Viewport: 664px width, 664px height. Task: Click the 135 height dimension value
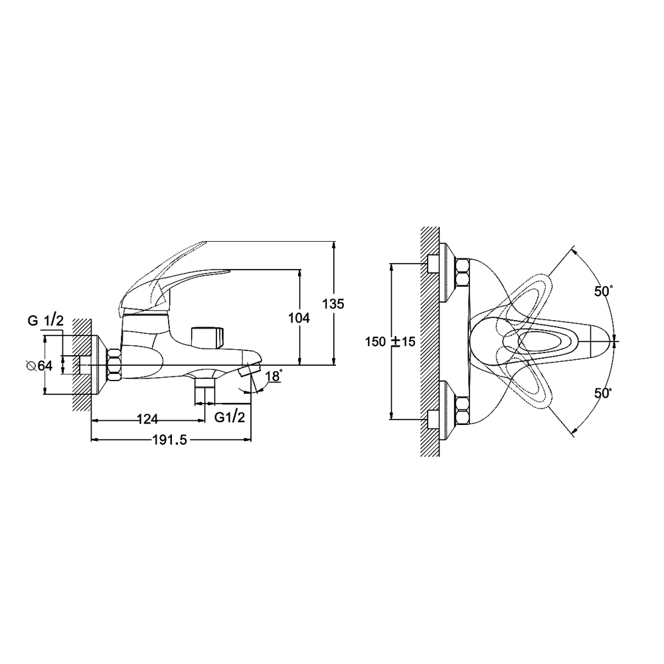click(334, 304)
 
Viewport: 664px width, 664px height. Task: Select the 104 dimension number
click(299, 317)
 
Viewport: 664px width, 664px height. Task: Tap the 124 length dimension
click(147, 419)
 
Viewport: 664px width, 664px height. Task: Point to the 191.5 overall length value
click(169, 440)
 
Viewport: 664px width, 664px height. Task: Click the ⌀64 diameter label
click(39, 365)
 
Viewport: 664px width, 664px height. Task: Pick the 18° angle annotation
click(274, 376)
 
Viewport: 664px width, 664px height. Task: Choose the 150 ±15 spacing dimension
click(390, 342)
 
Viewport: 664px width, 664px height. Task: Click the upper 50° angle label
click(604, 291)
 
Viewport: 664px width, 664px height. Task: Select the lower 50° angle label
click(604, 393)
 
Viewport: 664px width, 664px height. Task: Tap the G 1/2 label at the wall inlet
click(46, 321)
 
